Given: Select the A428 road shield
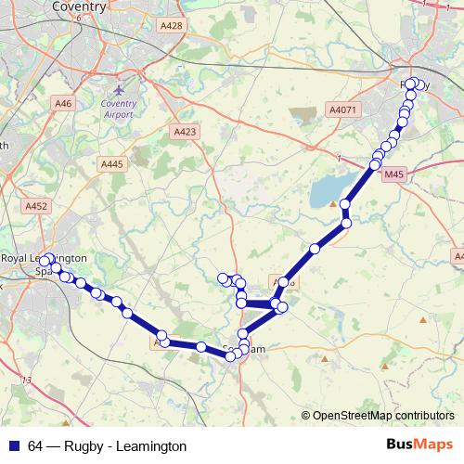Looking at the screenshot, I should tap(171, 27).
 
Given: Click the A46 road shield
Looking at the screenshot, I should tap(63, 105).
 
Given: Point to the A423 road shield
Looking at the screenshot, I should tap(185, 133).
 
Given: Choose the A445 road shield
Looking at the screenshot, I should tap(111, 163).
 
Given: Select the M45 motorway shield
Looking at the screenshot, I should tap(394, 173).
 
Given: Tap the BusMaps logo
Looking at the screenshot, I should tap(419, 445).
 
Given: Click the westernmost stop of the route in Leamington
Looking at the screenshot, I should tap(43, 261).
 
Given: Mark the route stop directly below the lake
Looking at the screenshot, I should tap(347, 223).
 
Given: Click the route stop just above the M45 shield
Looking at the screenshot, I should tap(376, 165).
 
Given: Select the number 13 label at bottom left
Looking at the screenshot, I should tap(26, 380).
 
